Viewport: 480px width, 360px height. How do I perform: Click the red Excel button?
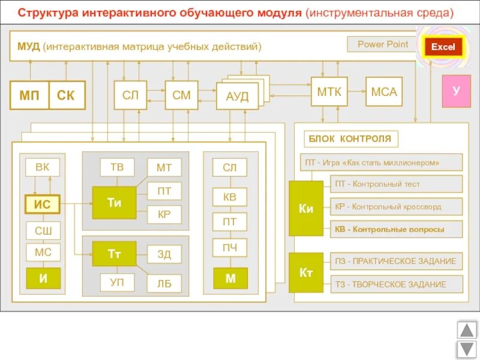click(x=443, y=47)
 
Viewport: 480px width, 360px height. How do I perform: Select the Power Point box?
click(x=382, y=44)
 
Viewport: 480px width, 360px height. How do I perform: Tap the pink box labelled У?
click(x=456, y=91)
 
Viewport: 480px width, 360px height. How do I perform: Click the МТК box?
click(x=329, y=92)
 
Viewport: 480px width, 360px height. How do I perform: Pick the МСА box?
click(x=384, y=92)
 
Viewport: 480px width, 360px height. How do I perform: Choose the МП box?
click(x=29, y=95)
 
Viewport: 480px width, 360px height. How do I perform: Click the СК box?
click(x=67, y=95)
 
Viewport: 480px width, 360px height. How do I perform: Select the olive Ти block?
click(x=114, y=203)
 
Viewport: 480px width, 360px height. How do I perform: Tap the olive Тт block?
click(x=114, y=254)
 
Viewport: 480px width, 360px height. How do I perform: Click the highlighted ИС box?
click(x=43, y=205)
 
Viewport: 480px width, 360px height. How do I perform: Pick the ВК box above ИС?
click(x=43, y=167)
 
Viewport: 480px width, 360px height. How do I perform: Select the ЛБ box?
click(x=164, y=283)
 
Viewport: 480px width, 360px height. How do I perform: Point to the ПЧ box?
click(x=230, y=247)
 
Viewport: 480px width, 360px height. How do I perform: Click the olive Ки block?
click(x=306, y=209)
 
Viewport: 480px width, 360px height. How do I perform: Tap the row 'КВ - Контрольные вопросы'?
click(x=397, y=229)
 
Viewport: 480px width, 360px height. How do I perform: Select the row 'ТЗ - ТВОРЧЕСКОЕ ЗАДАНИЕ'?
click(x=397, y=284)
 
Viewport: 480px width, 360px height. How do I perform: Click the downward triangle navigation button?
click(x=466, y=349)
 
